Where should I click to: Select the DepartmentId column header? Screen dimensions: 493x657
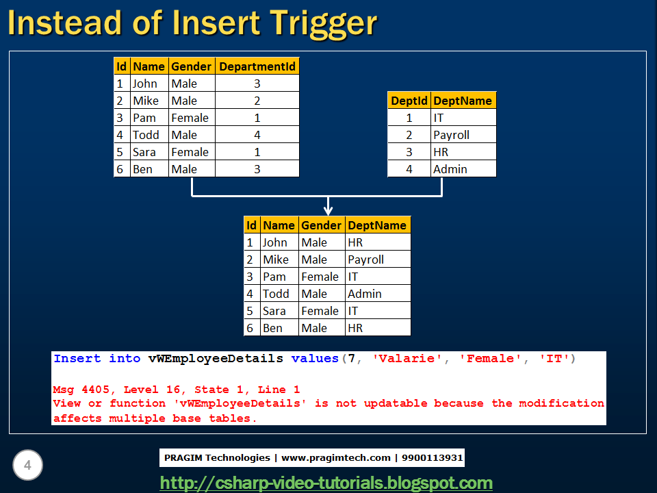point(257,66)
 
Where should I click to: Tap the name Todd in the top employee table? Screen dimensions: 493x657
point(146,135)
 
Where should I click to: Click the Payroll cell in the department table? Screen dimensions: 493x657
point(451,135)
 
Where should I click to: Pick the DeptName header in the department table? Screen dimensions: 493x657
point(462,101)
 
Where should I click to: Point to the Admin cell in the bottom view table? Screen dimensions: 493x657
point(364,294)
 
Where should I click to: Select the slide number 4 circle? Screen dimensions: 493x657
point(27,466)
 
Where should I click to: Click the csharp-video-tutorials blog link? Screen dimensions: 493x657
point(326,483)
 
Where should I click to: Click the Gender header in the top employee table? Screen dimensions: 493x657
point(191,66)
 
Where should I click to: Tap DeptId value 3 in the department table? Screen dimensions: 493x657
point(409,152)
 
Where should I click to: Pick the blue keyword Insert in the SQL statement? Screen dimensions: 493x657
point(77,359)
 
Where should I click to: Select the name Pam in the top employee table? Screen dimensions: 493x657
point(142,118)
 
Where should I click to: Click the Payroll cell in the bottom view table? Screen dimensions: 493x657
point(365,260)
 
